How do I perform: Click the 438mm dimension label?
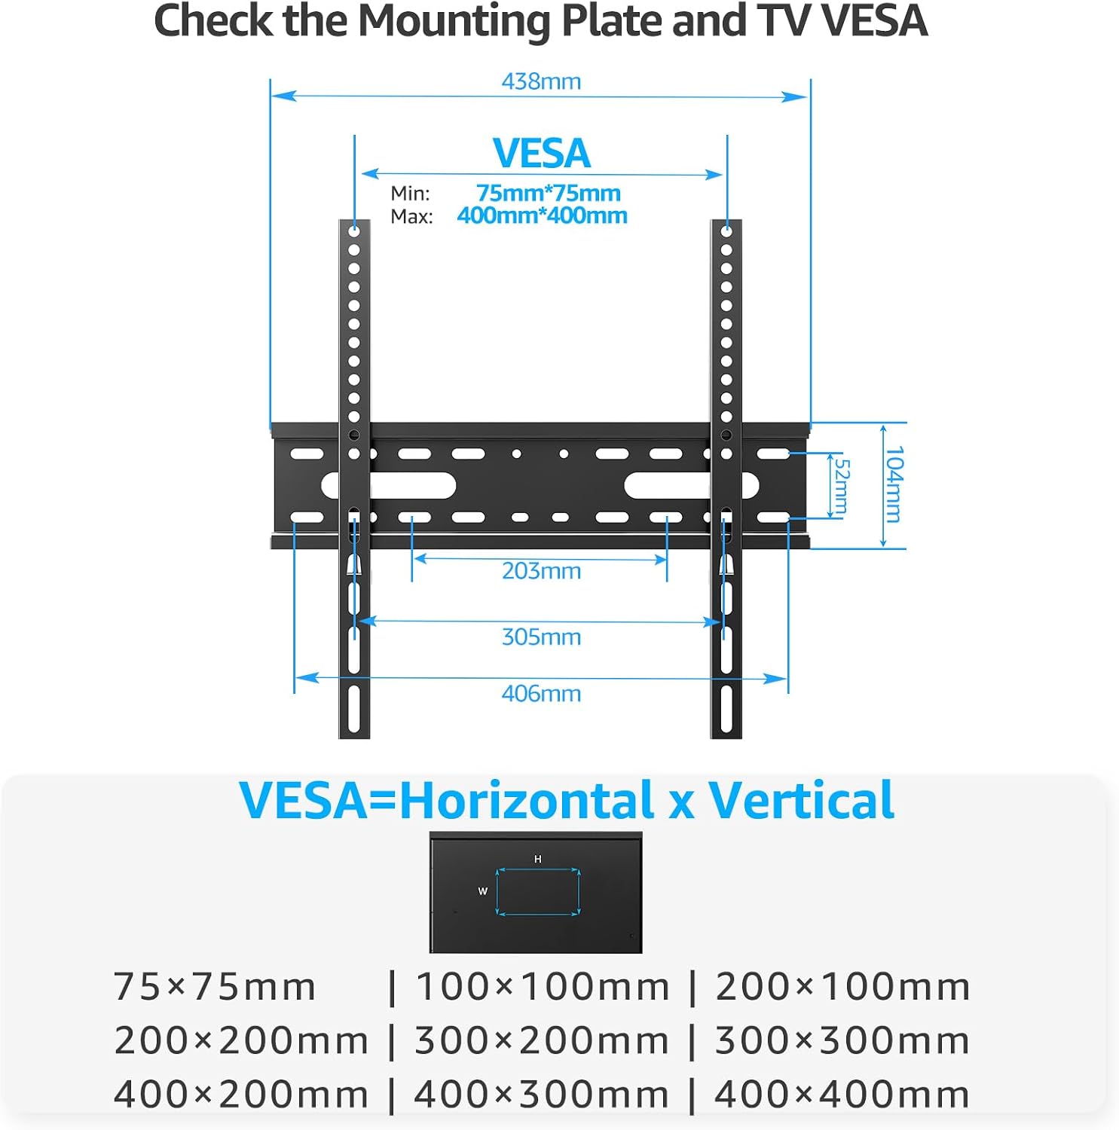pos(541,81)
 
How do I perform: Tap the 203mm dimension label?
pos(541,571)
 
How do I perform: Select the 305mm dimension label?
pos(541,637)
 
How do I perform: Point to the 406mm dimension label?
pos(541,694)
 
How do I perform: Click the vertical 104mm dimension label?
pos(894,484)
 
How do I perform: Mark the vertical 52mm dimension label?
pos(842,487)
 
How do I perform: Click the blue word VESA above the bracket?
pos(541,154)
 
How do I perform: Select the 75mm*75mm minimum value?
pos(548,193)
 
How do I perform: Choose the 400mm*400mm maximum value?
pos(542,215)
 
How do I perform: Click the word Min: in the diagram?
pos(410,194)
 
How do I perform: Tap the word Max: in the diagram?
pos(411,217)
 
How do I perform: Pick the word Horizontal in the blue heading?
pos(526,800)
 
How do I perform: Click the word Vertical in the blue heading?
pos(801,800)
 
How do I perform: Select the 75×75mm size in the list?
pos(214,987)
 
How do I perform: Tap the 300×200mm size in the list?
pos(541,1041)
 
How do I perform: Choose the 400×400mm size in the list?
pos(842,1095)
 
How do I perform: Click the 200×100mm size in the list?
pos(842,987)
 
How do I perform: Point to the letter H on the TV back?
pos(537,860)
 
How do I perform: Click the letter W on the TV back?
pos(483,891)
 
